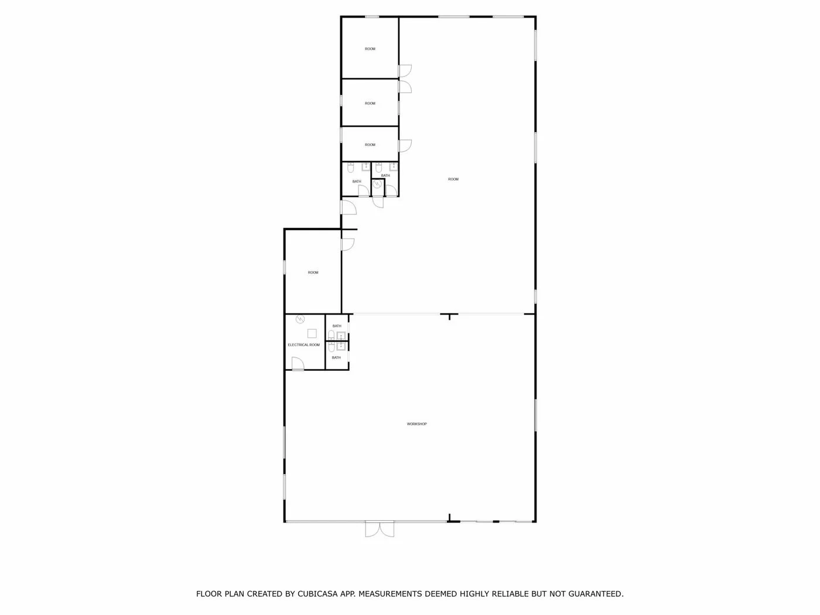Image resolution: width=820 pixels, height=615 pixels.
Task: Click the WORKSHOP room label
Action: click(416, 424)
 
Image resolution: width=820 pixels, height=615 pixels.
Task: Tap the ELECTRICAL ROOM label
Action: click(304, 344)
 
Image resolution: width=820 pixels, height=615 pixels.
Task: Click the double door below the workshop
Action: click(380, 529)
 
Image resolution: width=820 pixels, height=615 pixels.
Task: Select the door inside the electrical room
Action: click(298, 364)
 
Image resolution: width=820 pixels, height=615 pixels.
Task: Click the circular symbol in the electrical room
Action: click(300, 319)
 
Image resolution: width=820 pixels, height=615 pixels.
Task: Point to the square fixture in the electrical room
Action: click(312, 333)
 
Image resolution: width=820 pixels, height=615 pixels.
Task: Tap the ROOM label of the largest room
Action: click(453, 179)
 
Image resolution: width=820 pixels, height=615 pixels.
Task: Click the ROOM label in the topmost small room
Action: click(370, 49)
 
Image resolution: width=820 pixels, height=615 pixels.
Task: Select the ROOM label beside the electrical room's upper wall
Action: click(313, 272)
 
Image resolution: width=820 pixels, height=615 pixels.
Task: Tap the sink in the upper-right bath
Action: click(394, 166)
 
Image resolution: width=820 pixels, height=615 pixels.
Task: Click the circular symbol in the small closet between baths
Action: click(377, 184)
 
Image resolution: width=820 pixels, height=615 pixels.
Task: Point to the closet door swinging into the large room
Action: click(378, 202)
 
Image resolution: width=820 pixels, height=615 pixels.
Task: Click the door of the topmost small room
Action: click(405, 71)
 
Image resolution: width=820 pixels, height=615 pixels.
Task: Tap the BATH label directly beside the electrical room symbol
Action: click(337, 326)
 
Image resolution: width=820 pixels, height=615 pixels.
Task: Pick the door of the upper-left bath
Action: click(364, 191)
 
